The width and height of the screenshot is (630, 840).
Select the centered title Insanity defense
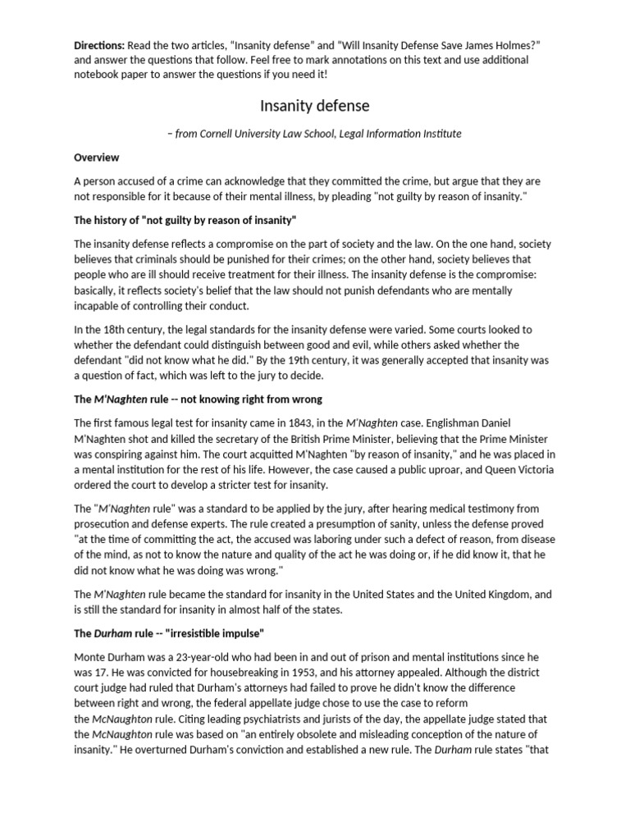[x=315, y=105]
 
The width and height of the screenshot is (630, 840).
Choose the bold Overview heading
[x=96, y=157]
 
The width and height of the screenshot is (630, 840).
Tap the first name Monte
[x=90, y=658]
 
